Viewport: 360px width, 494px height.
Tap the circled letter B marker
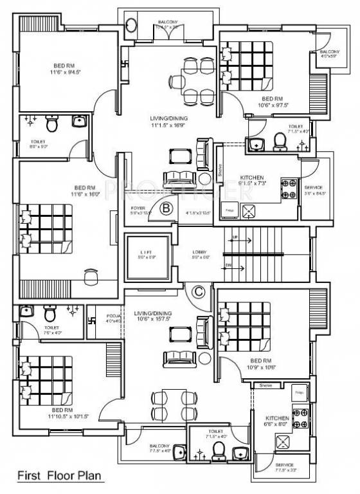click(166, 208)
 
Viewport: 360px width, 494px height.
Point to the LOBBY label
click(198, 253)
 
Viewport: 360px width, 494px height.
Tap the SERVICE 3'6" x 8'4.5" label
click(314, 190)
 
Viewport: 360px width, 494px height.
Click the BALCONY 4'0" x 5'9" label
click(330, 53)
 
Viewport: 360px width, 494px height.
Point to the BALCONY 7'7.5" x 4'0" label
click(159, 448)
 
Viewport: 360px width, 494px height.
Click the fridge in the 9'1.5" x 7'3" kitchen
click(230, 210)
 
